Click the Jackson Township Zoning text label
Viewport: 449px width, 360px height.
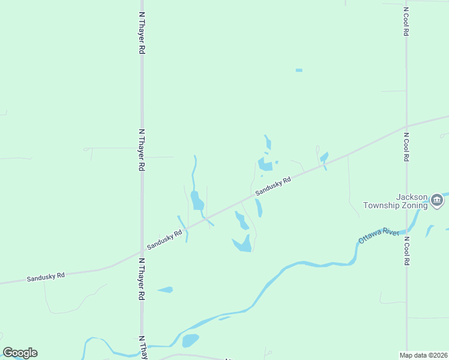point(396,201)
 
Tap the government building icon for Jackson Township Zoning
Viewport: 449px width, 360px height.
point(436,201)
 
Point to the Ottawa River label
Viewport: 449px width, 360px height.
point(379,236)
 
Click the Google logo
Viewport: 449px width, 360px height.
point(20,353)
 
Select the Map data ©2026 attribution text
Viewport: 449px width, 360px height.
point(424,355)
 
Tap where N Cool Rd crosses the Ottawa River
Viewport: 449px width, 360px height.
point(407,230)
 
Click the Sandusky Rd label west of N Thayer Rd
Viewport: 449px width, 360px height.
point(46,277)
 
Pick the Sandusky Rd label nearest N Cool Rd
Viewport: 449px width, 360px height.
point(273,185)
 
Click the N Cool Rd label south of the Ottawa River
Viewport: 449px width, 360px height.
point(406,251)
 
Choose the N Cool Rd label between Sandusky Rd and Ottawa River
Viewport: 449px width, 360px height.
point(406,147)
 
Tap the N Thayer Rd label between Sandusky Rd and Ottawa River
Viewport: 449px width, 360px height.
point(142,280)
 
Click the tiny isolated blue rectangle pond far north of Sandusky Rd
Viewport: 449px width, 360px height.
point(299,70)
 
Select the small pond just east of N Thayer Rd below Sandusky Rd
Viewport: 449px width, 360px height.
point(166,290)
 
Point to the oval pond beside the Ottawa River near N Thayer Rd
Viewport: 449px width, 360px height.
point(190,340)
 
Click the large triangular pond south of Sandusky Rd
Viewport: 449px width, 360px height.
point(243,244)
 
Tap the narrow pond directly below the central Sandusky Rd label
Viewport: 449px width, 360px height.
point(259,208)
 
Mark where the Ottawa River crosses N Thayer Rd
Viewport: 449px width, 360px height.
point(142,346)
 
